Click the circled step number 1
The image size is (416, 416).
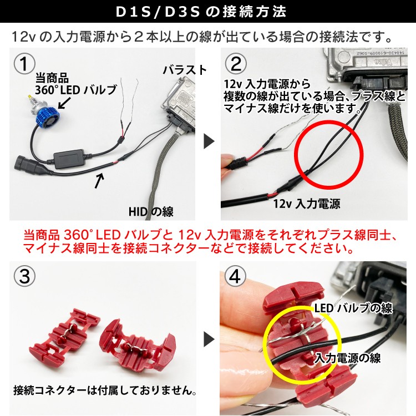point(24,64)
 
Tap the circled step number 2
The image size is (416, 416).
point(236,64)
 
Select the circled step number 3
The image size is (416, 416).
point(24,276)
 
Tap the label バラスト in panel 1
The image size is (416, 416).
point(185,70)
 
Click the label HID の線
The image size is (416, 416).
point(151,212)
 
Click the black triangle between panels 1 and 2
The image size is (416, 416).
point(209,141)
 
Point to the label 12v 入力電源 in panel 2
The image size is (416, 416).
point(306,204)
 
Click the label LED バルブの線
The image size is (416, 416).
point(353,308)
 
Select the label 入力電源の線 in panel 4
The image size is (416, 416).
point(348,358)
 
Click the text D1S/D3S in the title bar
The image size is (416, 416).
point(158,12)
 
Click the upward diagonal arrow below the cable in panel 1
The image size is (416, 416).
point(99,181)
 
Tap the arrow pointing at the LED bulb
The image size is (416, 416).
point(64,103)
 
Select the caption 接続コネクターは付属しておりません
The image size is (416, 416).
point(105,390)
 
